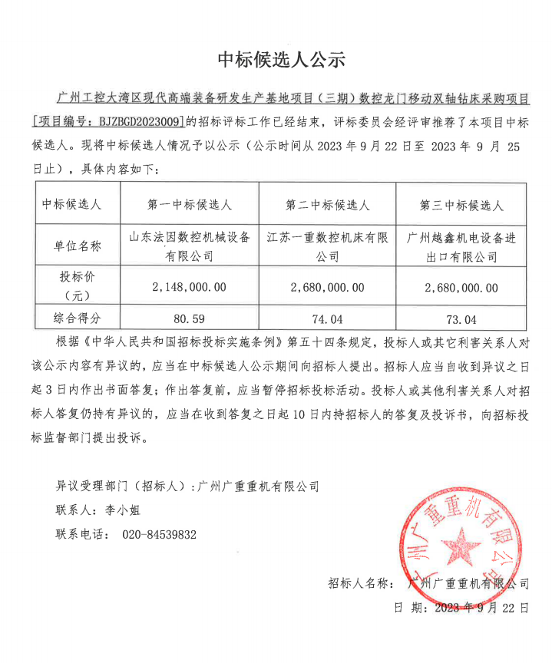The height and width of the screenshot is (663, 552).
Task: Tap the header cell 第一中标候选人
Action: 190,205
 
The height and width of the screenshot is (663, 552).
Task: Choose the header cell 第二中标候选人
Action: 328,205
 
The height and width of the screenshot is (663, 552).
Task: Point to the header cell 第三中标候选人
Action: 461,205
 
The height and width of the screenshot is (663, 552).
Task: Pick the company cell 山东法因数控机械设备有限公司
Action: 190,246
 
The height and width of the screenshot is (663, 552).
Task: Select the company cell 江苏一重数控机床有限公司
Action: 328,246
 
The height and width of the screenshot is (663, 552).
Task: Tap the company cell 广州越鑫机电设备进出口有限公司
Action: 461,246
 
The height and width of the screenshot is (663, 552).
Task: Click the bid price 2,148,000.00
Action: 190,287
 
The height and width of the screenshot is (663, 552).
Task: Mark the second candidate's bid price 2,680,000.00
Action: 328,287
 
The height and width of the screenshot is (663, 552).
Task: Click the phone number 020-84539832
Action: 160,534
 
